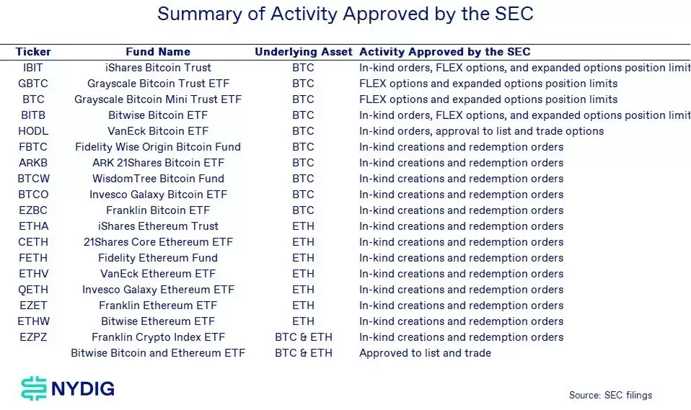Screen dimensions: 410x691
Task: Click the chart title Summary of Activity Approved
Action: (345, 14)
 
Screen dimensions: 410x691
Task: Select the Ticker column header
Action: (33, 52)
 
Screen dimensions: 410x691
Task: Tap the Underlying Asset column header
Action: (303, 52)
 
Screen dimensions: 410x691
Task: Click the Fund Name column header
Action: (158, 52)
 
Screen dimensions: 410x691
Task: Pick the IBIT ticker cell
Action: (33, 68)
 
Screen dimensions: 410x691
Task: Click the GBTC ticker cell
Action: (33, 84)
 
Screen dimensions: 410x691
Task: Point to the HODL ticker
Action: (33, 131)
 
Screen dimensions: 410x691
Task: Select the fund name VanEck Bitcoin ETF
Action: (158, 131)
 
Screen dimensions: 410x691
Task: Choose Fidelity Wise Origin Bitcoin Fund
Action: (158, 147)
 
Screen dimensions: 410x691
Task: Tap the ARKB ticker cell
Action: (33, 163)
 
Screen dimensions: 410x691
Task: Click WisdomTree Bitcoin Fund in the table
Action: (158, 179)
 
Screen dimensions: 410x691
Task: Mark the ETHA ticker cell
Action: (33, 226)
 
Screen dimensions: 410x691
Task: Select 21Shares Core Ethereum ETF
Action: (158, 242)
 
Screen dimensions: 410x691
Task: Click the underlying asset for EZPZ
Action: (303, 337)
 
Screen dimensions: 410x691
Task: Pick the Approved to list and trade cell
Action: (425, 353)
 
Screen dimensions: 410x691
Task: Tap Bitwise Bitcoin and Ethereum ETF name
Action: (158, 353)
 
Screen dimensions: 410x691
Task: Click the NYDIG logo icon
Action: (33, 389)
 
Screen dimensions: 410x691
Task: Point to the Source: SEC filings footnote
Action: (610, 395)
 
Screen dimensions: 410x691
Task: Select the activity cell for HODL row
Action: (481, 131)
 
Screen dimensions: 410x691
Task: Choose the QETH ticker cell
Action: (33, 290)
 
